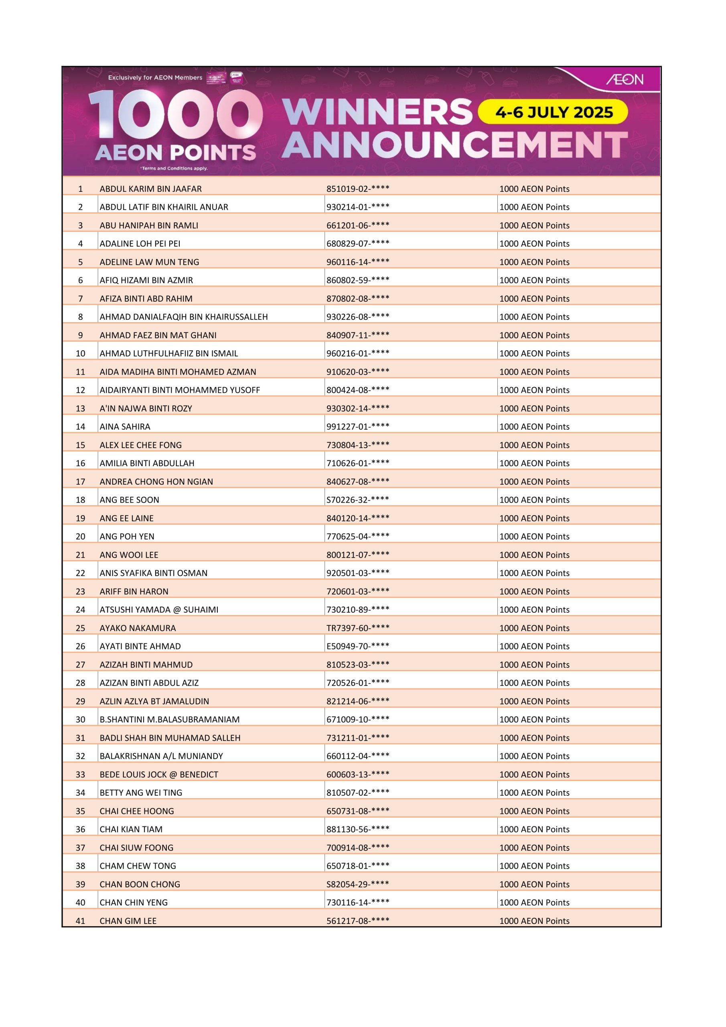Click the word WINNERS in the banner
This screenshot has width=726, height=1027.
(377, 112)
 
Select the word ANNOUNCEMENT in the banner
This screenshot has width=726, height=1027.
(454, 145)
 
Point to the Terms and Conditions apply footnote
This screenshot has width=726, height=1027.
(174, 168)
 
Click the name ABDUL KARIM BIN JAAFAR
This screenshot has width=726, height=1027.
(150, 189)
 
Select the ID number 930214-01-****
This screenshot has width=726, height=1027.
(357, 207)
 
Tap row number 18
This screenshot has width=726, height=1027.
(81, 499)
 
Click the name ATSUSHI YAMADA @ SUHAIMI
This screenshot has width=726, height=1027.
(159, 610)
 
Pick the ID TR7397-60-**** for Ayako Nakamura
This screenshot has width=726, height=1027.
(357, 628)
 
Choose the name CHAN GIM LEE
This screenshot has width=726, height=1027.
(128, 921)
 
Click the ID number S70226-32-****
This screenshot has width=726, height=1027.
(357, 499)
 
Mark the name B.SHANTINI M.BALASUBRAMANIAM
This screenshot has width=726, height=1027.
(170, 719)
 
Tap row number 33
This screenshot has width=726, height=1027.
(81, 774)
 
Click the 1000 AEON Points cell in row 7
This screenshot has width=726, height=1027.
(534, 299)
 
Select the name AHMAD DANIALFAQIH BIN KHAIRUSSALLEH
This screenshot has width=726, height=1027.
(183, 317)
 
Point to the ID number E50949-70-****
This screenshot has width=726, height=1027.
(357, 646)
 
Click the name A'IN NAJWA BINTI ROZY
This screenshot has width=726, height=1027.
(146, 408)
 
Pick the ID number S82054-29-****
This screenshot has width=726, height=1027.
(357, 884)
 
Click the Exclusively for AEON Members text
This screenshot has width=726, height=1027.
(155, 78)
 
